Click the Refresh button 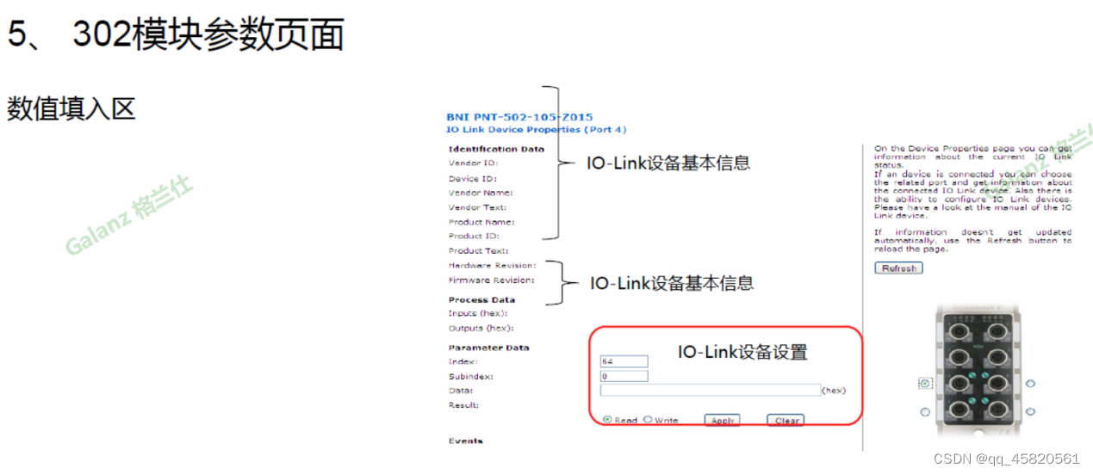898,268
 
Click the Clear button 786,421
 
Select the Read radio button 608,420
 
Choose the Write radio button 648,420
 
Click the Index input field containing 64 624,361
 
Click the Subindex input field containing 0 624,376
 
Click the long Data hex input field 711,390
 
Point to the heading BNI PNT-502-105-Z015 519,117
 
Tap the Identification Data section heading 496,149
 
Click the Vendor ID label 473,163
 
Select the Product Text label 478,250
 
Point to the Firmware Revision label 491,280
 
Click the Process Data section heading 481,299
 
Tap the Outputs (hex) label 481,328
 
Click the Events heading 465,441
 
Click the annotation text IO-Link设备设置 742,352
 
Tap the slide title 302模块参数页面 208,35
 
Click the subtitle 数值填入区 71,109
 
